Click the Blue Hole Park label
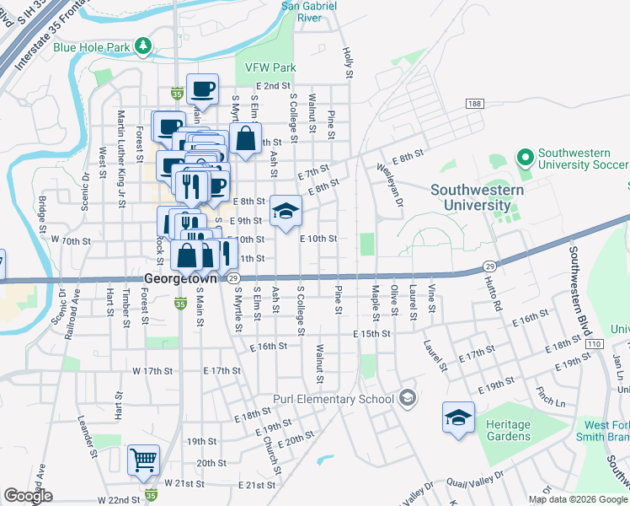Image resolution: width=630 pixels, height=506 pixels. (92, 47)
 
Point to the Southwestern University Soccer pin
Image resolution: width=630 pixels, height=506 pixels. (526, 158)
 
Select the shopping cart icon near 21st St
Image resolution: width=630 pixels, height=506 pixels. (143, 460)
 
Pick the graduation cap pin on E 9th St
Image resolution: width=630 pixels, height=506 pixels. (286, 211)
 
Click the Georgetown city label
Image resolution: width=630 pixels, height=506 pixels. (180, 277)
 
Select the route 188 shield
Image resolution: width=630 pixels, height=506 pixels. (474, 103)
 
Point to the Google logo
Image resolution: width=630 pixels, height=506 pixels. (28, 496)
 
